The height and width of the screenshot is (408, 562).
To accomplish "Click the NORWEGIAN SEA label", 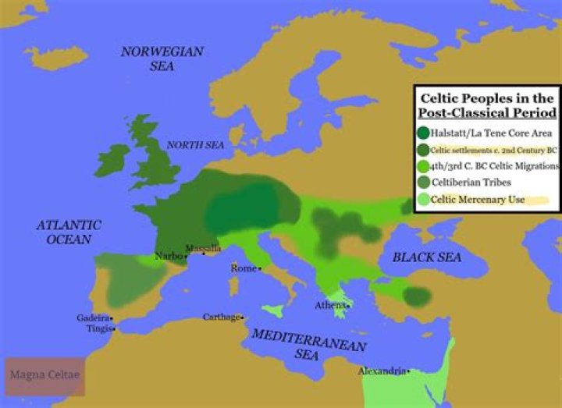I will coord(162,59).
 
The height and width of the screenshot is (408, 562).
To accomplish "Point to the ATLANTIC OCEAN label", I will coord(69,232).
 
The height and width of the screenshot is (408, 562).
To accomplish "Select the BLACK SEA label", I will coord(422,257).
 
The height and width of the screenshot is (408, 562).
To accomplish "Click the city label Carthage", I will coord(222,318).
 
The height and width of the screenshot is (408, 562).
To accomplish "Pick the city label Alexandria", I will coord(382,371).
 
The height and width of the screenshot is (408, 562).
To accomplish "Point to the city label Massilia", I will coord(202,249).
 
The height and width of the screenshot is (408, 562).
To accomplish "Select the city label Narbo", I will coord(169,255).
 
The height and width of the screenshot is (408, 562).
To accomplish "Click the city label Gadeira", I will coord(93,318).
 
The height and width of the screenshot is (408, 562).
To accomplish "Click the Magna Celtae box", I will coord(44,376).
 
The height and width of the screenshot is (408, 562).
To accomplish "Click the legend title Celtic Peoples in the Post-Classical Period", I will coord(486,105).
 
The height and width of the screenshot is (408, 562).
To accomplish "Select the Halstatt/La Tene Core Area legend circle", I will coord(424,132).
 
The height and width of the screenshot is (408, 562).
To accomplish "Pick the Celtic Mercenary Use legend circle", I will coord(424,199).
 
